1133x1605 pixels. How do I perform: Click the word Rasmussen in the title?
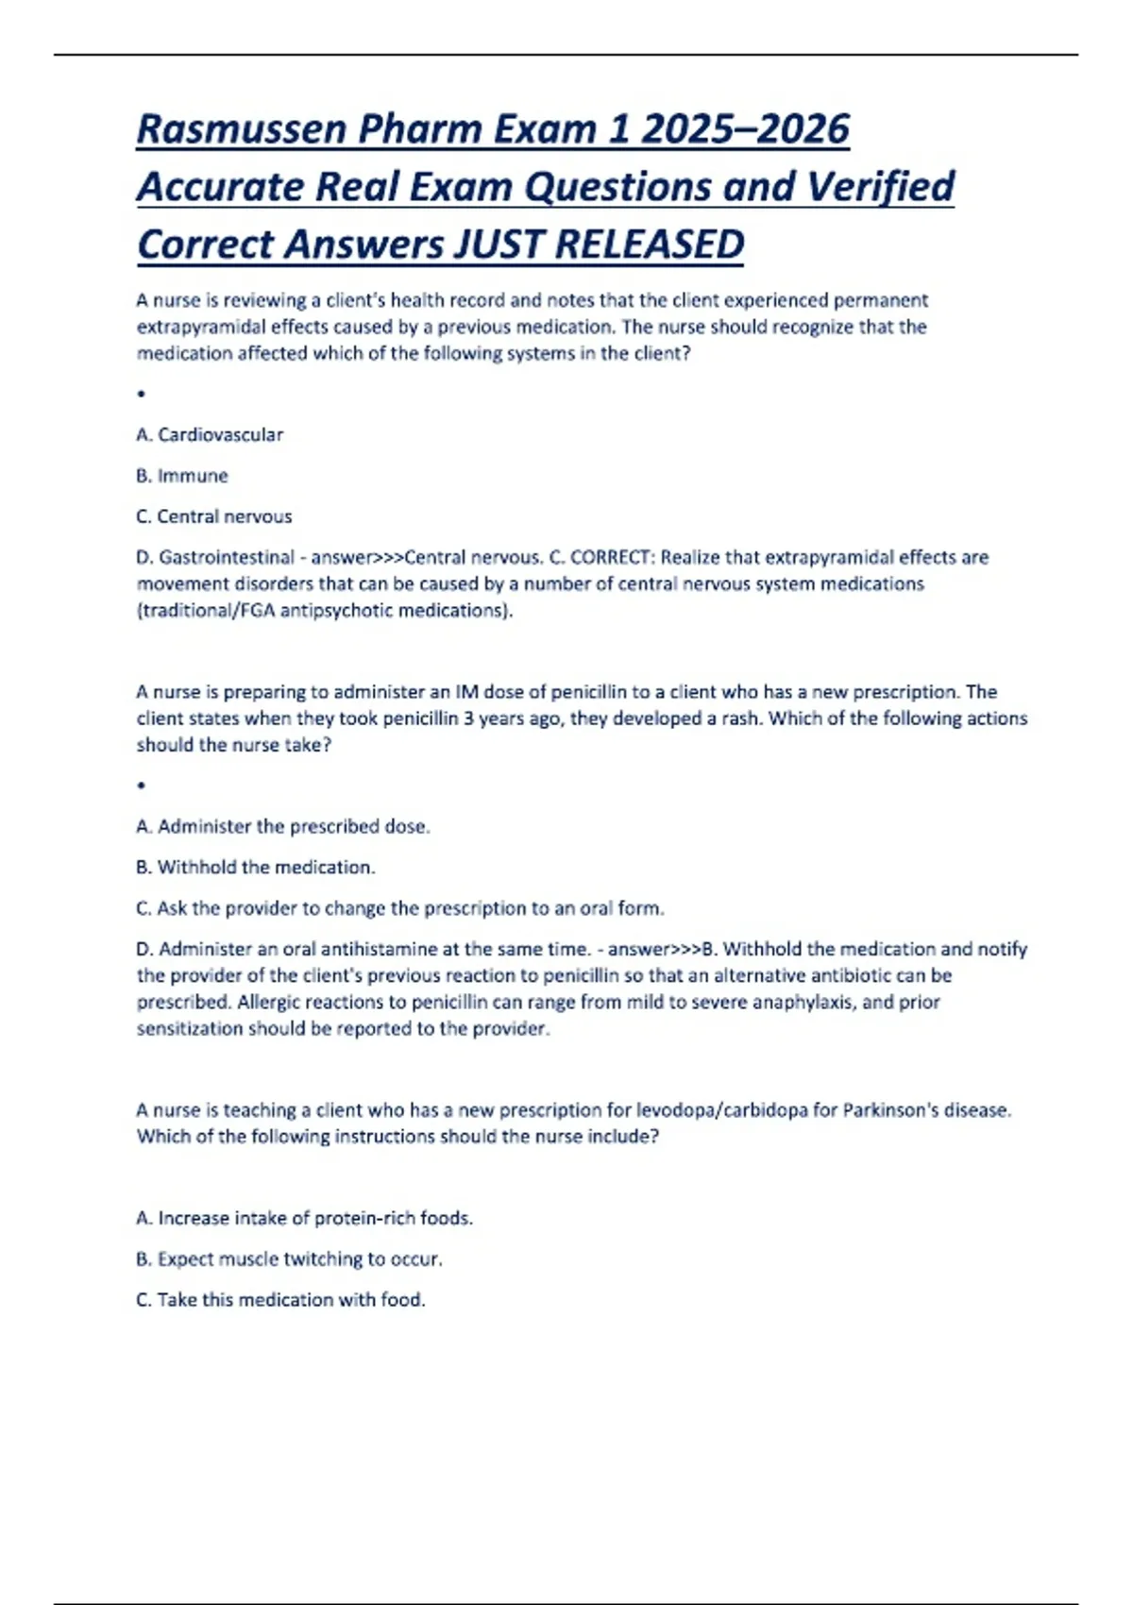tap(241, 129)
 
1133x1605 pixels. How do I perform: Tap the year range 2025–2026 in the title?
tap(745, 129)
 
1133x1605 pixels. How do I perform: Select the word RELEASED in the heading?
tap(650, 245)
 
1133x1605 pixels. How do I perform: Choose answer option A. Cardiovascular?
tap(210, 435)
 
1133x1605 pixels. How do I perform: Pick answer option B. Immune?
tap(182, 476)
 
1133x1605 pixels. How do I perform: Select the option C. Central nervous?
tap(214, 516)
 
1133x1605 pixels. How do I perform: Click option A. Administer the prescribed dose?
tap(283, 827)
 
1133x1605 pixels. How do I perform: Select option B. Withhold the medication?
tap(256, 868)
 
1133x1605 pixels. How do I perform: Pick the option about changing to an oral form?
tap(400, 908)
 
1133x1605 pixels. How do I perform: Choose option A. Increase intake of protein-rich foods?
tap(305, 1219)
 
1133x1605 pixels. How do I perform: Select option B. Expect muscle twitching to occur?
tap(290, 1259)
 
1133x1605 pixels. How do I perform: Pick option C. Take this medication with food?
tap(281, 1300)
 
